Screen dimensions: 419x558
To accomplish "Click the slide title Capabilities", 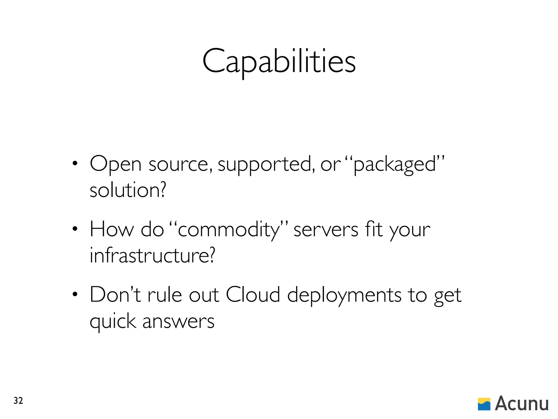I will point(279,62).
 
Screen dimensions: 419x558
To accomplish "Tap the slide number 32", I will point(18,401).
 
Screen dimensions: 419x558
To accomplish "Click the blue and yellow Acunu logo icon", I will point(484,404).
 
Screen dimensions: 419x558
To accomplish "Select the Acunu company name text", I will point(521,403).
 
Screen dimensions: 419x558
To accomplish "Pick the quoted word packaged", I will point(395,164).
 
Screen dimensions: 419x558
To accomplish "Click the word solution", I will point(128,190).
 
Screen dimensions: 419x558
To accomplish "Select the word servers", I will point(326,230).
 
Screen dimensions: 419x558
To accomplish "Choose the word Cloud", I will point(253,295).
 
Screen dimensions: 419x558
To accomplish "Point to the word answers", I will point(178,321).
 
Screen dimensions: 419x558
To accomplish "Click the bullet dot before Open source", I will point(75,164).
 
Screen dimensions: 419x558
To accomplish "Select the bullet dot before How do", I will point(75,229).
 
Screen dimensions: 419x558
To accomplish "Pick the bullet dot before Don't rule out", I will point(75,295).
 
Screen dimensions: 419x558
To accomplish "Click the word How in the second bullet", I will point(112,230).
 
